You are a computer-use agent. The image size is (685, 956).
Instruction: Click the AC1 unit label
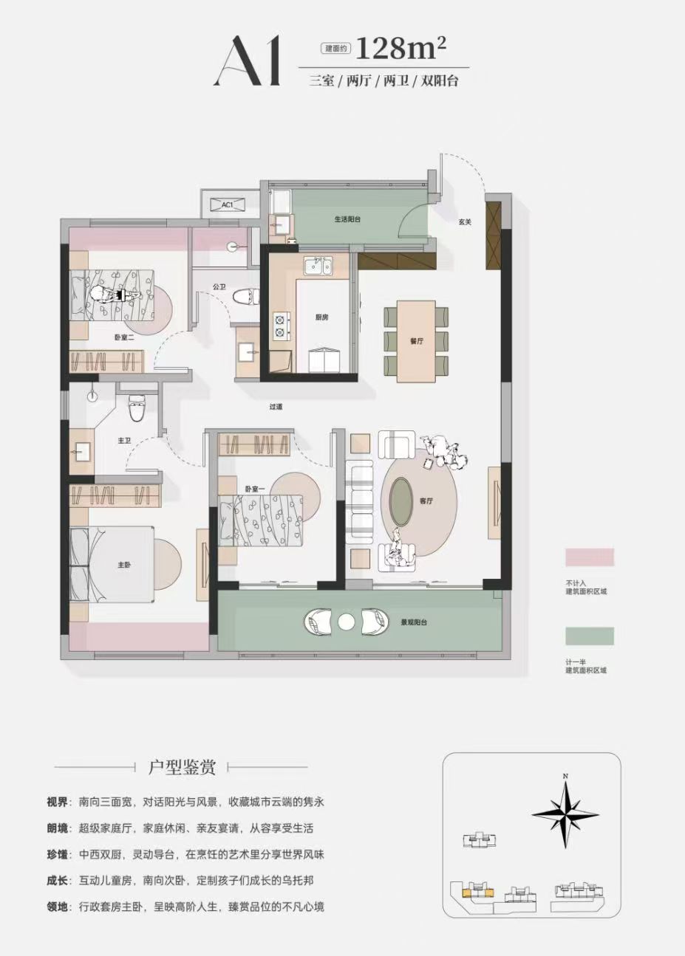click(x=227, y=204)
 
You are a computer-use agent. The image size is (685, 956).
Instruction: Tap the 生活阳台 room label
click(x=347, y=219)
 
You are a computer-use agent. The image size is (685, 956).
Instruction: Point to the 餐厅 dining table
click(x=416, y=341)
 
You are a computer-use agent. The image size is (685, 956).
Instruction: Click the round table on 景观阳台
click(x=347, y=622)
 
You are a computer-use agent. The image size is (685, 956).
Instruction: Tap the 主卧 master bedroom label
click(x=124, y=565)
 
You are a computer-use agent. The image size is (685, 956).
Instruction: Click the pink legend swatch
click(x=590, y=557)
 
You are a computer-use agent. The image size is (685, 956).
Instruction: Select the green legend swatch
click(x=590, y=636)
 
